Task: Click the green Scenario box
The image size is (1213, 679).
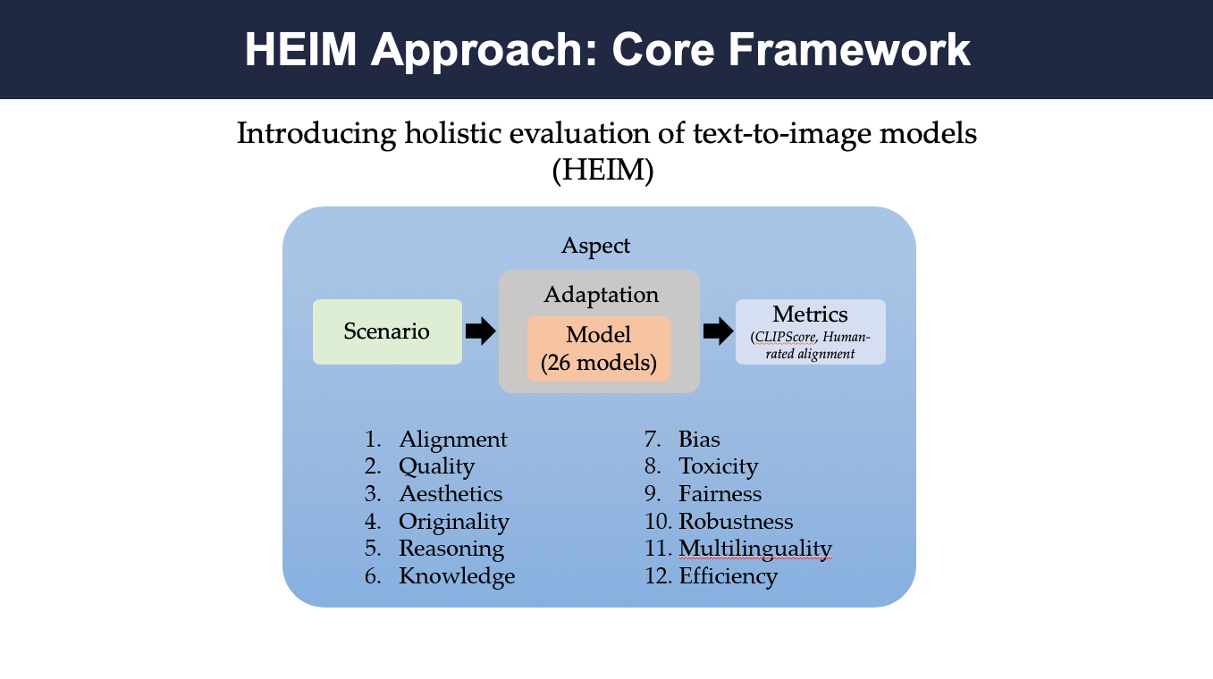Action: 387,331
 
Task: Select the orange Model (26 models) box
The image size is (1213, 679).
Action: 599,349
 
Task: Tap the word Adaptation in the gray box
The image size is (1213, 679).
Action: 601,295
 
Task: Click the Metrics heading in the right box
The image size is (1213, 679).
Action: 810,314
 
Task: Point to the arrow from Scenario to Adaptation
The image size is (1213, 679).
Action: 480,331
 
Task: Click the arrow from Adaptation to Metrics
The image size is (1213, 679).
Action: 718,331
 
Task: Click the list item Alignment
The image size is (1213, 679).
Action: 453,440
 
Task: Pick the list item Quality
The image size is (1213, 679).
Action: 436,467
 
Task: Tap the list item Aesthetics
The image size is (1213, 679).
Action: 451,494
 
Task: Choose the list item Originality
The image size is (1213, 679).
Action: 454,522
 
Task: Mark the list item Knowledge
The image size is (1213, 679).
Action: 457,576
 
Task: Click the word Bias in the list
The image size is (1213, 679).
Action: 699,440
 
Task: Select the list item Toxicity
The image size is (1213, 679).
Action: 719,467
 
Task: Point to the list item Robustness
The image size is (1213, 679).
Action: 736,522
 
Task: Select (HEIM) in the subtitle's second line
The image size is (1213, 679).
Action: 602,171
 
